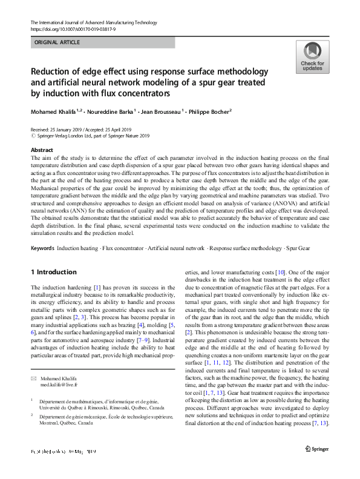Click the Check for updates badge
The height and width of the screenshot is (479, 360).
tap(312, 58)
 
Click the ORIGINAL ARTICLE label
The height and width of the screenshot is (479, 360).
tap(58, 43)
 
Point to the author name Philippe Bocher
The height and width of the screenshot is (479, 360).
tap(205, 112)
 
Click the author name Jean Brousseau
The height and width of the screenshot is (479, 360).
tap(160, 112)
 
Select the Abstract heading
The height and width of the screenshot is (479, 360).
tap(42, 150)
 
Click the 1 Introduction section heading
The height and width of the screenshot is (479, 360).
tap(54, 272)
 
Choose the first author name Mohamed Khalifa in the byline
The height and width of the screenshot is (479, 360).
tap(54, 112)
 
